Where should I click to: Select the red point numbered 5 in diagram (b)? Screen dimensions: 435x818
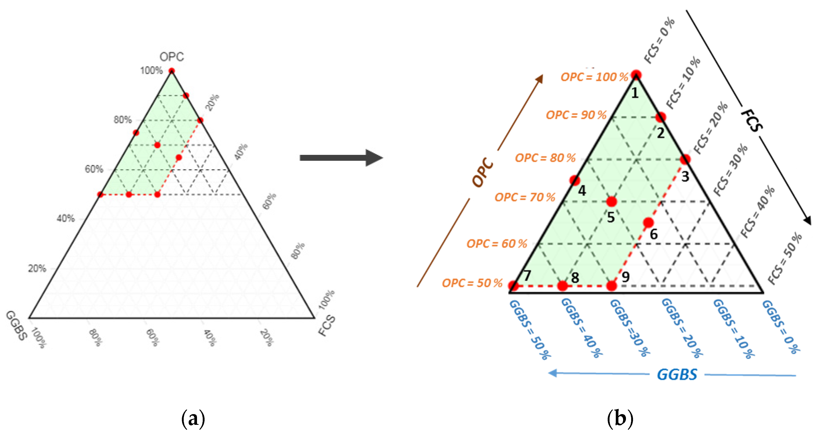click(x=611, y=202)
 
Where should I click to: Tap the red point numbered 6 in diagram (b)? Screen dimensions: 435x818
click(x=648, y=222)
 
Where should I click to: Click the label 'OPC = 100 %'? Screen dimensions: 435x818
click(x=594, y=77)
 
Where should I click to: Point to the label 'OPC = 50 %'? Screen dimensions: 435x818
click(x=472, y=283)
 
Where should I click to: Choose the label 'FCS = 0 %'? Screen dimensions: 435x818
click(x=659, y=41)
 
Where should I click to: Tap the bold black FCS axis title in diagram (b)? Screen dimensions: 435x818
click(x=752, y=120)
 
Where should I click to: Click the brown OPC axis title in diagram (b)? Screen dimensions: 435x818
click(x=483, y=172)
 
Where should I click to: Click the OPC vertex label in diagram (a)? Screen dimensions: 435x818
click(x=171, y=57)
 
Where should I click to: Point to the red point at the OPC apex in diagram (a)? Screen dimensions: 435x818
click(x=171, y=70)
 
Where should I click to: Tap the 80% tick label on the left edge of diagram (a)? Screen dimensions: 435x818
click(x=123, y=120)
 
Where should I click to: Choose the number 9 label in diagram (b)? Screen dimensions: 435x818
click(x=625, y=277)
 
